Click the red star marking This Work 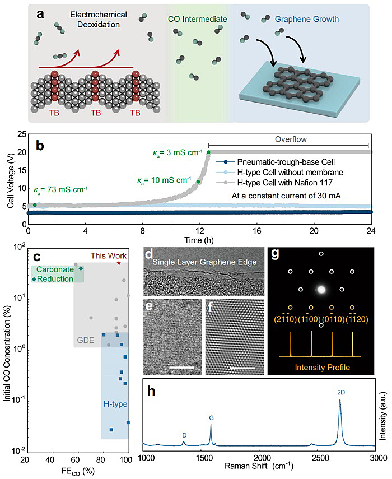click(119, 263)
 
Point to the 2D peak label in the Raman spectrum click(341, 392)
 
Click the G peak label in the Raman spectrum click(211, 418)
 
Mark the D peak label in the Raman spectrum click(184, 435)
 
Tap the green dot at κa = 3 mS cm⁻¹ click(208, 152)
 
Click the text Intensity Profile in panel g click(321, 368)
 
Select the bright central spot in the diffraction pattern click(321, 290)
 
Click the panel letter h click(151, 391)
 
